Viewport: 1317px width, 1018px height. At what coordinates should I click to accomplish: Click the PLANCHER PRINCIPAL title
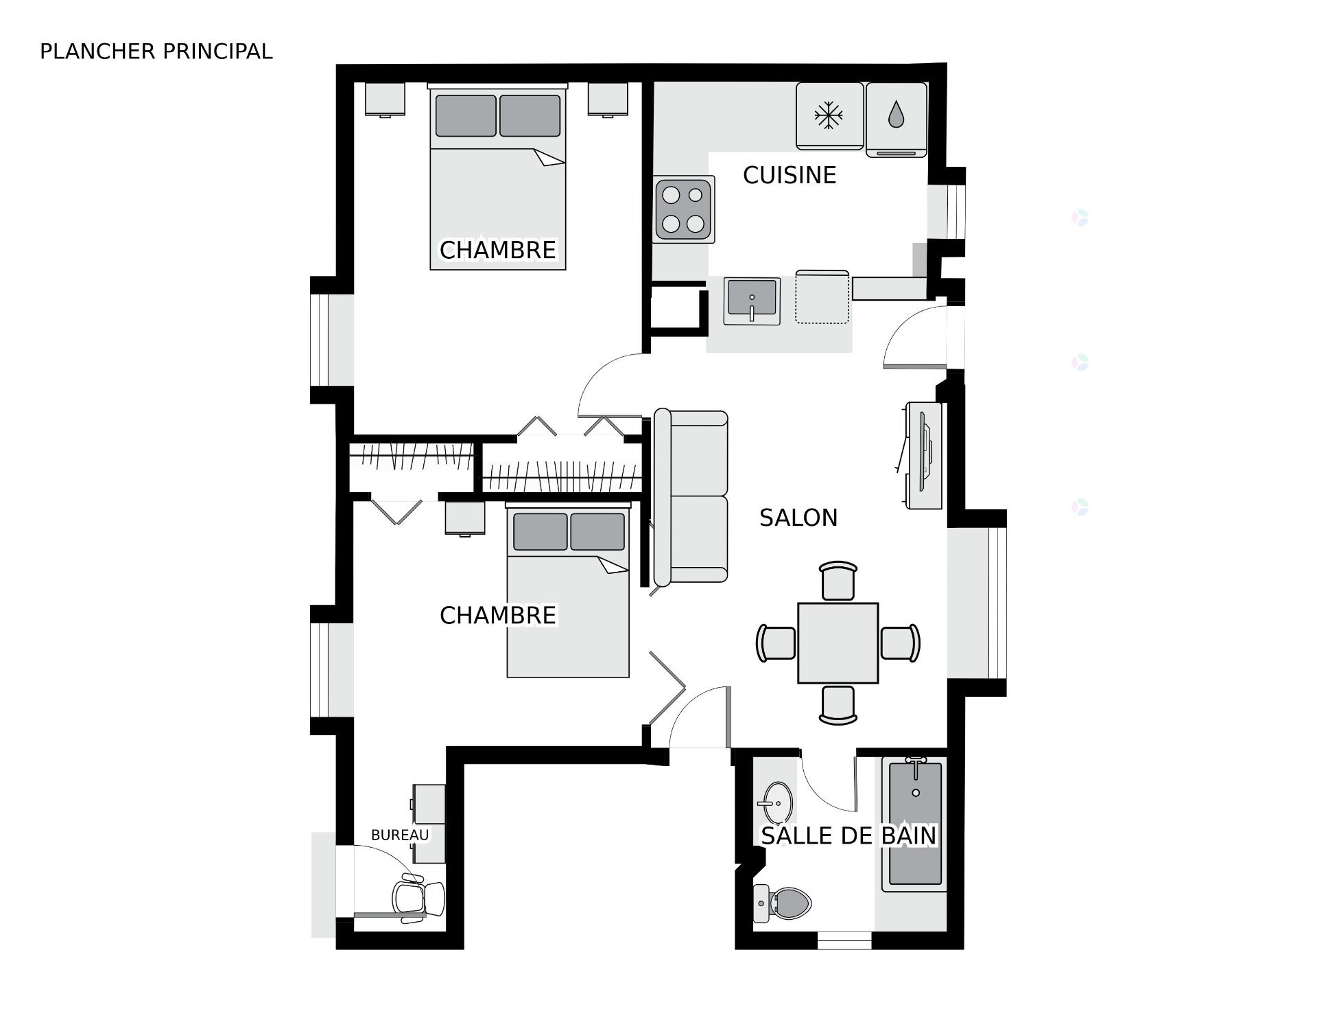tap(156, 51)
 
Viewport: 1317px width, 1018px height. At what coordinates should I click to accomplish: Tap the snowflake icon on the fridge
tap(829, 115)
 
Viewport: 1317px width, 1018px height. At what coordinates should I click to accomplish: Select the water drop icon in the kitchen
tap(896, 115)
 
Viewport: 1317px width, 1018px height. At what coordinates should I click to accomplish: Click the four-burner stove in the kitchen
tap(685, 209)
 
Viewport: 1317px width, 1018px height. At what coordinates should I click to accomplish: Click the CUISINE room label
tap(790, 176)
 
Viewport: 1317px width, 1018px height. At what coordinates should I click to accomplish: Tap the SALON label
tap(798, 518)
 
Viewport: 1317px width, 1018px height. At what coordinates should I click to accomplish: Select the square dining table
tap(838, 643)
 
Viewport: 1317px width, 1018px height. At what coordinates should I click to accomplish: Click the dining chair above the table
tap(838, 581)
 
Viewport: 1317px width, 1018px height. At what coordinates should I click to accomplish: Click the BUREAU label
tap(400, 835)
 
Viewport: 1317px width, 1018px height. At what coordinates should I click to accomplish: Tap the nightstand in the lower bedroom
tap(465, 518)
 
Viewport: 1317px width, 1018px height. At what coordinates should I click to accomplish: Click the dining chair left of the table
tap(776, 643)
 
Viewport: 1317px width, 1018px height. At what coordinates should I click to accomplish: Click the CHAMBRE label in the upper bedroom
tap(498, 251)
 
